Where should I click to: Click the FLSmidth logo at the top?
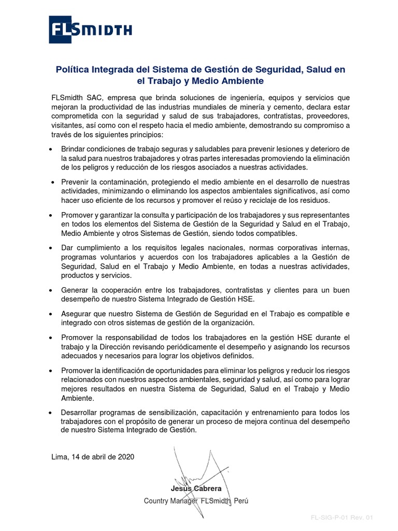point(90,30)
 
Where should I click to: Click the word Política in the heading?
point(75,69)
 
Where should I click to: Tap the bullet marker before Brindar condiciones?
point(50,149)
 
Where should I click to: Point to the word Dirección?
point(139,346)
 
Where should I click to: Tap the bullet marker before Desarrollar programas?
point(50,412)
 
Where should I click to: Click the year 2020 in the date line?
point(126,457)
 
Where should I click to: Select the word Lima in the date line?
point(60,457)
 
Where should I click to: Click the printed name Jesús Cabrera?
point(196,488)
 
